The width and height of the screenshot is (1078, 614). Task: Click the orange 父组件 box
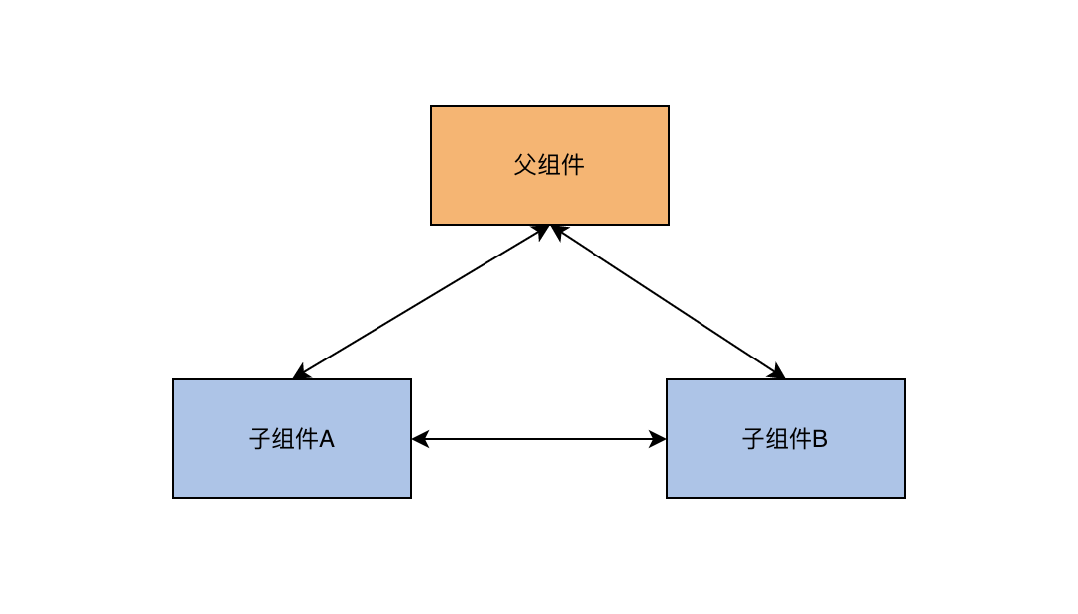point(549,165)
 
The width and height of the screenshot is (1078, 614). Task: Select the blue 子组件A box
point(292,439)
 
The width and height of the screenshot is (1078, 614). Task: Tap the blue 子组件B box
point(785,439)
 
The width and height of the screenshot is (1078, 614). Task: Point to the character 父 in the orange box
point(525,164)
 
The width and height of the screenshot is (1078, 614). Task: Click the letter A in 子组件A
point(327,438)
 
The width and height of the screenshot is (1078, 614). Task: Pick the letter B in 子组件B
point(820,438)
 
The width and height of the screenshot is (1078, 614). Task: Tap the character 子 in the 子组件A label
point(261,438)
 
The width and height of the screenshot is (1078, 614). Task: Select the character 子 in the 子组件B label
point(754,438)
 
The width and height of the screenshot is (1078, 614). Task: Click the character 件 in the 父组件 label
point(572,164)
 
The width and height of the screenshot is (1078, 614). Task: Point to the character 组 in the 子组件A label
point(284,438)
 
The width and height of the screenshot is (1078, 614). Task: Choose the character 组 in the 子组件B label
point(778,438)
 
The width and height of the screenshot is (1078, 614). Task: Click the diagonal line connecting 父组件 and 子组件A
point(421,302)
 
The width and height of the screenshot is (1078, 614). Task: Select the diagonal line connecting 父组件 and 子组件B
point(668,302)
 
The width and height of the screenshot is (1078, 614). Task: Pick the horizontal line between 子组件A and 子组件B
point(539,438)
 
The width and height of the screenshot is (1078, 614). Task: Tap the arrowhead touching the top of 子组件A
point(302,373)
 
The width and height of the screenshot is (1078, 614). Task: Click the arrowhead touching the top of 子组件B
point(777,372)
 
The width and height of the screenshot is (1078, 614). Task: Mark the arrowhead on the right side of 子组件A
point(420,438)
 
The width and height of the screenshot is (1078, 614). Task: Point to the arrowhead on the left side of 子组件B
point(658,438)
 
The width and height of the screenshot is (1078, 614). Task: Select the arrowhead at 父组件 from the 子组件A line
point(542,232)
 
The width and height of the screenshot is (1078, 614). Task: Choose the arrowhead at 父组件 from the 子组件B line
point(558,232)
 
